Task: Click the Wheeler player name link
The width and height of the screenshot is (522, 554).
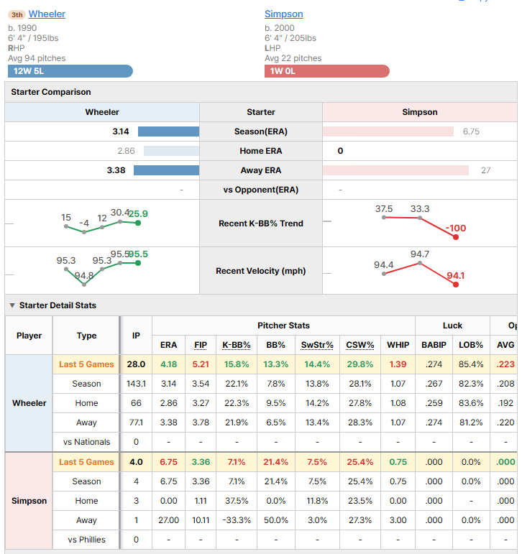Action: point(47,14)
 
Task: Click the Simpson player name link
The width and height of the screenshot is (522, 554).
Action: point(283,14)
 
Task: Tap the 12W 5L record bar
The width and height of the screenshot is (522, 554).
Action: point(70,71)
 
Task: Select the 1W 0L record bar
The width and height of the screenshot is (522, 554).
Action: point(326,71)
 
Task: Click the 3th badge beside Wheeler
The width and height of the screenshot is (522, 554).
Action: point(17,14)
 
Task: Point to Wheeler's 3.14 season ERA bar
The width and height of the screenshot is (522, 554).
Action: point(169,131)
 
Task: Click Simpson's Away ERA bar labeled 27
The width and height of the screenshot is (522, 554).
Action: point(395,170)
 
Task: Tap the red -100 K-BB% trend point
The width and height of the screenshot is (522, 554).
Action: point(456,237)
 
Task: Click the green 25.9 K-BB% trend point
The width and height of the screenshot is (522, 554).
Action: point(138,223)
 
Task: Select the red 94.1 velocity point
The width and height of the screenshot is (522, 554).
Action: point(456,285)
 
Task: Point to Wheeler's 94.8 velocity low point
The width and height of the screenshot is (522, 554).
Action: point(84,285)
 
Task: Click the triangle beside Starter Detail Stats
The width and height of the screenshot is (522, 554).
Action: point(12,305)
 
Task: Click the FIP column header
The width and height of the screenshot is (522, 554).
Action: point(201,345)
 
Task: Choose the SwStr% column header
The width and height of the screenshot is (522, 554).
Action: point(317,345)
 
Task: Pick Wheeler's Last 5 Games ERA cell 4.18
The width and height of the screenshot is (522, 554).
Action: point(169,364)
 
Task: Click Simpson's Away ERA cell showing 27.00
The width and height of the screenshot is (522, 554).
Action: point(169,520)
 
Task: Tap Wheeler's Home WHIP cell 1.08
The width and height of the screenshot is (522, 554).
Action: point(398,403)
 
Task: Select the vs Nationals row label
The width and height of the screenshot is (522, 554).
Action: point(87,442)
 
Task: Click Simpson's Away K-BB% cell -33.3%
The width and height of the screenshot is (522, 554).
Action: point(237,520)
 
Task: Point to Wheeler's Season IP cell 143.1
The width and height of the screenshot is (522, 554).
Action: point(136,384)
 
